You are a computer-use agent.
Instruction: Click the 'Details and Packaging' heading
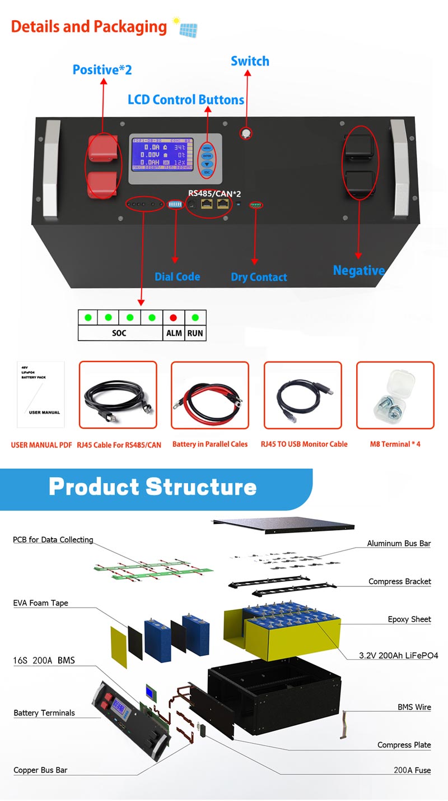point(88,26)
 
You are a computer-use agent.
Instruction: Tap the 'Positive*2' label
point(102,70)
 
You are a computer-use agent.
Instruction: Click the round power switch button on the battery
point(245,133)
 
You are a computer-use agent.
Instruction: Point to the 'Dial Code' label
point(177,277)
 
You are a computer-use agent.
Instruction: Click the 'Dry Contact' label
point(259,277)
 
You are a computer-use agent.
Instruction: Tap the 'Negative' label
point(358,271)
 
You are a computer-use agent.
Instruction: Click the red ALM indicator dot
point(173,318)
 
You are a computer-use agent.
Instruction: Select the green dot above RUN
point(195,318)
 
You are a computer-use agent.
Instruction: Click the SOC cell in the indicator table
point(119,333)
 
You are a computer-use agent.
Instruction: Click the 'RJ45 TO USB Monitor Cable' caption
point(304,444)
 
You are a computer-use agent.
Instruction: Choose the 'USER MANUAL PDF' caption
point(41,445)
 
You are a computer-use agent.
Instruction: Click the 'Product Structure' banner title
point(152,487)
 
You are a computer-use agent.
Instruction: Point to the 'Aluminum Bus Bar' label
point(399,543)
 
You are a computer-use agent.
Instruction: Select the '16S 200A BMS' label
point(44,660)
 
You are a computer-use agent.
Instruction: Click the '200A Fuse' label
point(412,770)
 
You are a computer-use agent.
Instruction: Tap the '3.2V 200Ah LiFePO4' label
point(398,655)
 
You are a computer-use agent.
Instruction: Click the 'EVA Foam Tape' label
point(41,603)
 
